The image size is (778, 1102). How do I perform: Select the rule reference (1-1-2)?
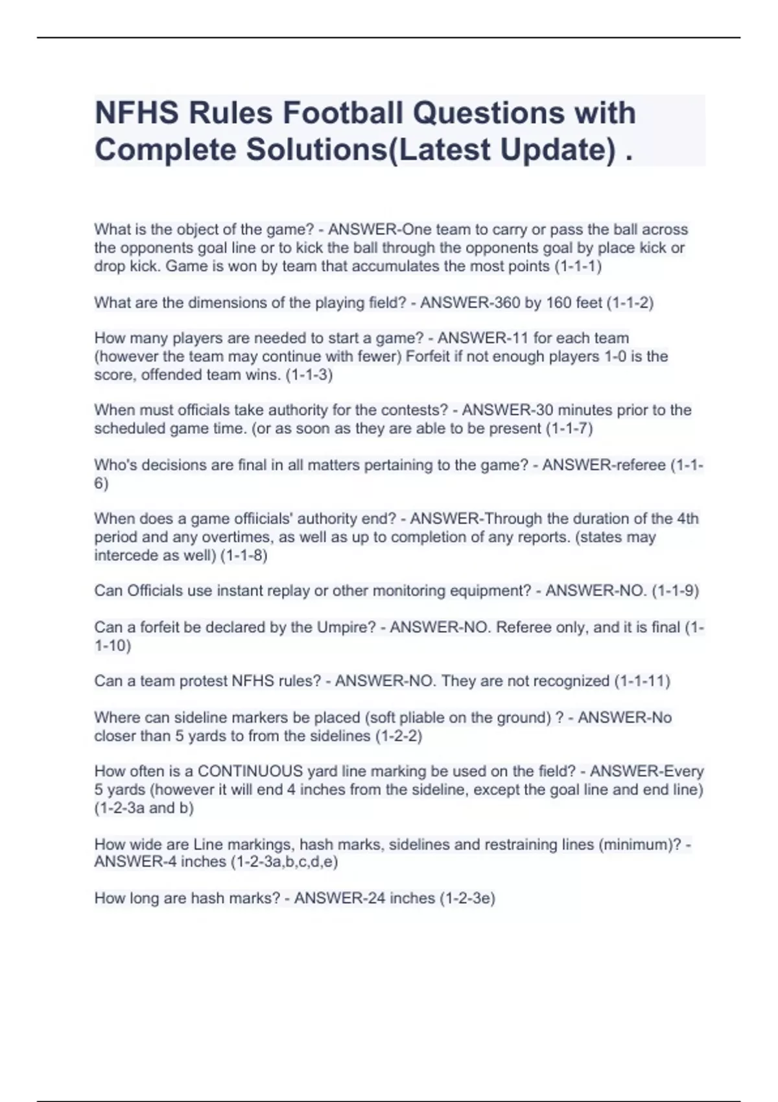point(630,303)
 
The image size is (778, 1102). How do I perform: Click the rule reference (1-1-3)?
point(309,375)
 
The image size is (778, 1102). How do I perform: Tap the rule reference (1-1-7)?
point(569,428)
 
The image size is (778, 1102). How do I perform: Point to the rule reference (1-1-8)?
point(244,555)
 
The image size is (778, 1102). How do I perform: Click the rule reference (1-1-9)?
point(675,591)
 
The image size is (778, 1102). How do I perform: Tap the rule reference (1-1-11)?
point(642,681)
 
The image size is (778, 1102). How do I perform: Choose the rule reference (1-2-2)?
point(398,736)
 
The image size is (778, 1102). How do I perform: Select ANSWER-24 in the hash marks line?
point(332,898)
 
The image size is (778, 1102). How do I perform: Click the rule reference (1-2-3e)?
point(467,898)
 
